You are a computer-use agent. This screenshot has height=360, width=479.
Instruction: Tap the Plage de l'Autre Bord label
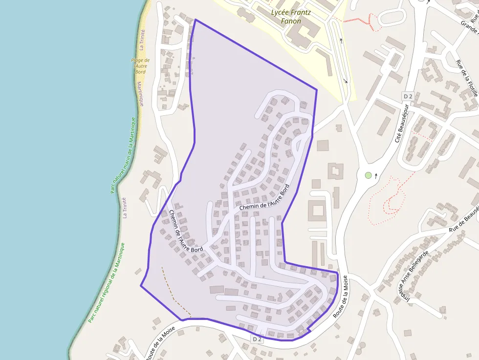(140, 66)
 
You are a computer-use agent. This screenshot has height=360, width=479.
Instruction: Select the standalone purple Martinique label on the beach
(140, 94)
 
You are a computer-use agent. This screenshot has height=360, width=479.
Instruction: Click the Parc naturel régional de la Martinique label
(107, 283)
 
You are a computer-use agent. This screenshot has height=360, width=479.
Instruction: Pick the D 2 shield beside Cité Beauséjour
(408, 96)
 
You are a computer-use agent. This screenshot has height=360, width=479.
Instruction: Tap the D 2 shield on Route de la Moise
(257, 339)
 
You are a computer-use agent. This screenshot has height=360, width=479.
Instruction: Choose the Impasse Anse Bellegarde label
(411, 276)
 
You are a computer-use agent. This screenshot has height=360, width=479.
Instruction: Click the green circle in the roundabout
(369, 175)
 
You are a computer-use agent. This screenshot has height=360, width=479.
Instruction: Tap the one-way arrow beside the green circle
(376, 176)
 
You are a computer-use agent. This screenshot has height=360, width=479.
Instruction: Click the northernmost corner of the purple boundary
(195, 20)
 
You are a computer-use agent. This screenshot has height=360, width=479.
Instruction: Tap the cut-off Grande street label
(470, 25)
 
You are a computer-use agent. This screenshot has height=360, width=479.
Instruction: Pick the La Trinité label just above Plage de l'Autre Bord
(142, 40)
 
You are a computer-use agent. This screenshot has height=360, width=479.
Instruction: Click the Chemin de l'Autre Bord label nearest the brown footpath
(185, 232)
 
